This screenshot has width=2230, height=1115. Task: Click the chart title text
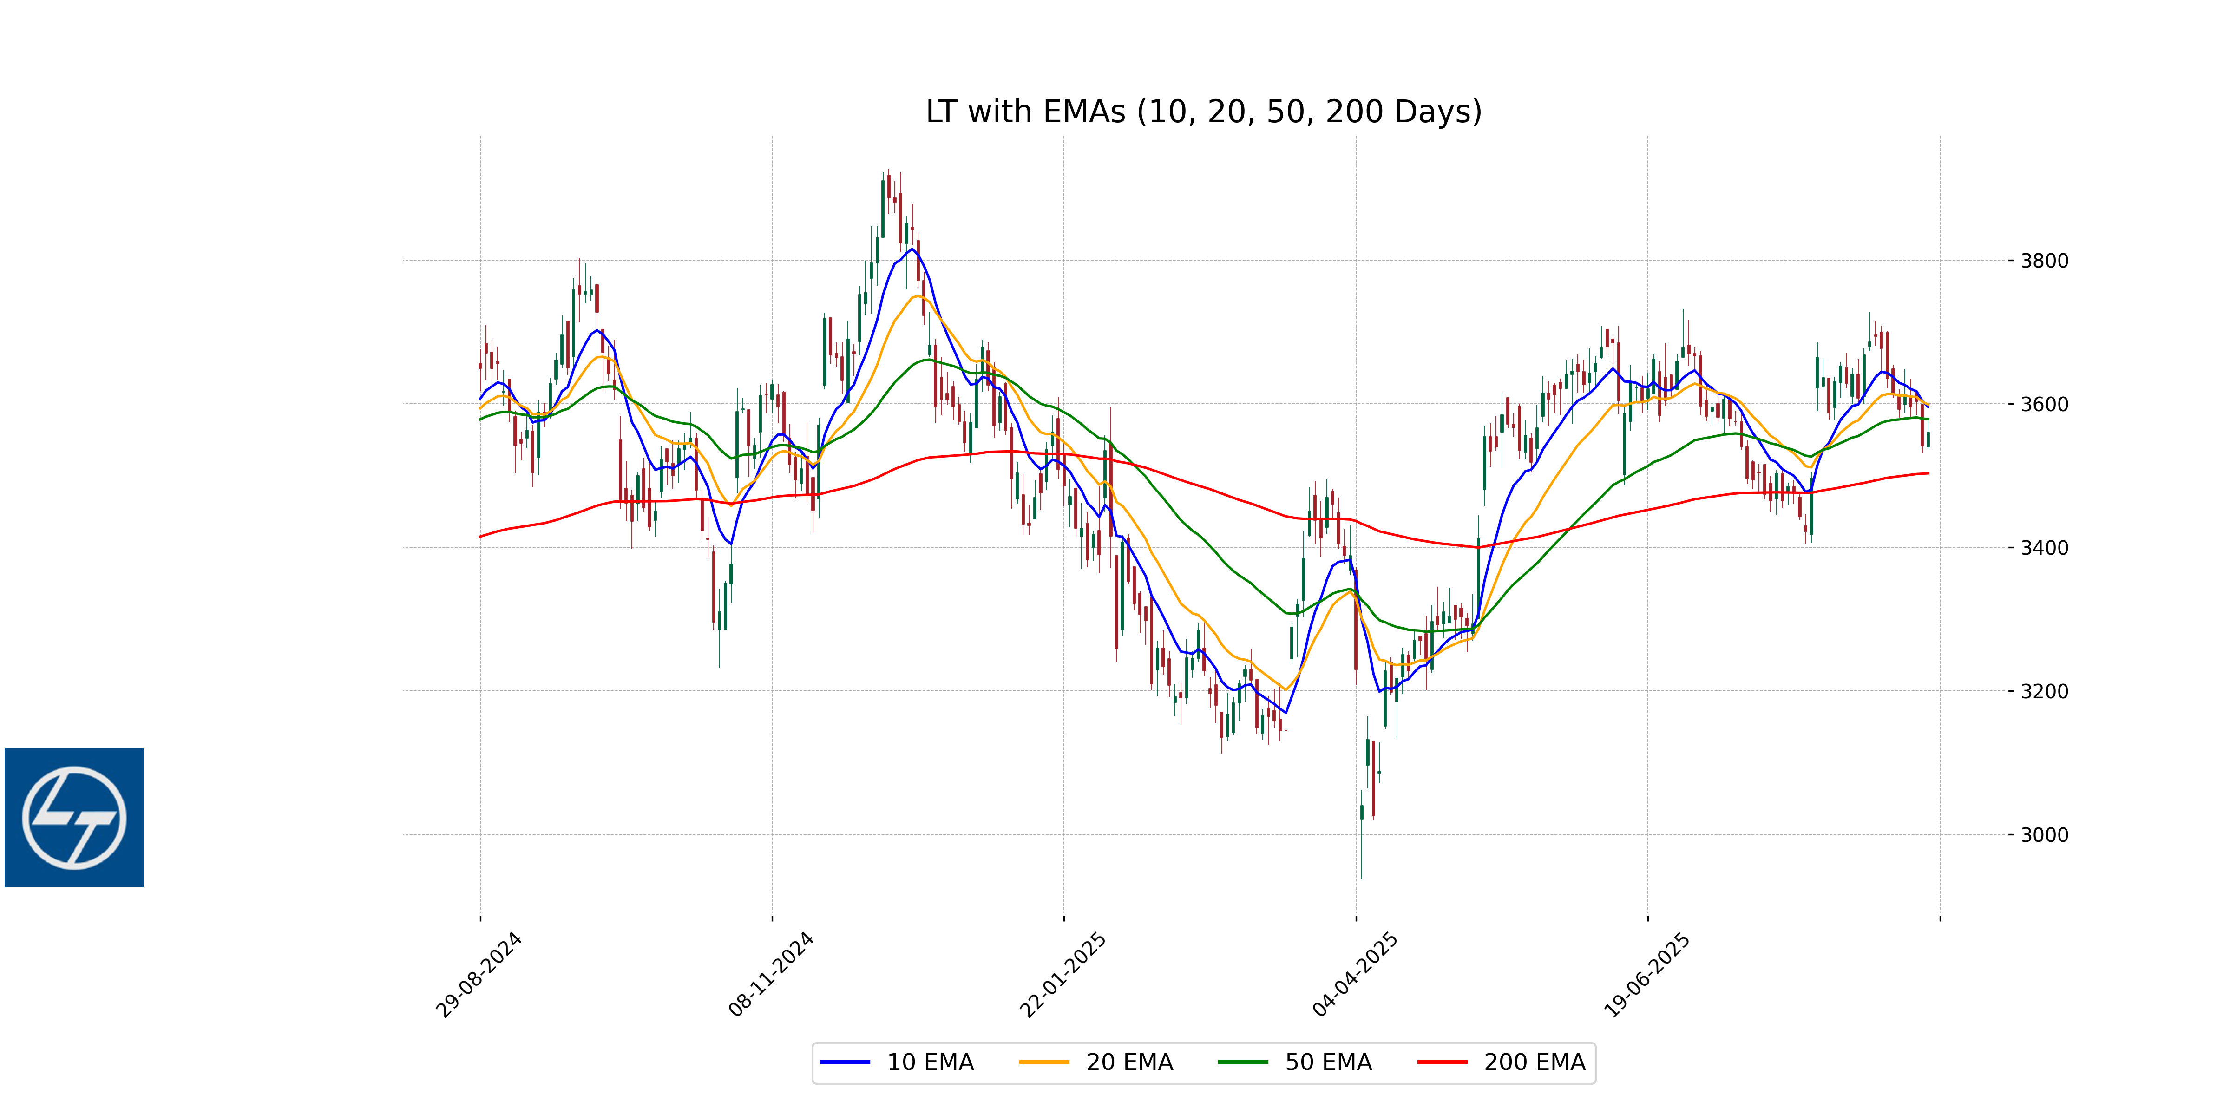pyautogui.click(x=1203, y=111)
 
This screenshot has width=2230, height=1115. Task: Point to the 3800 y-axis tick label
pyautogui.click(x=2044, y=261)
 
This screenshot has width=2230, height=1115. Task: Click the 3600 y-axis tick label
pyautogui.click(x=2044, y=404)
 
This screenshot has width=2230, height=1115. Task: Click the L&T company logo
pyautogui.click(x=74, y=817)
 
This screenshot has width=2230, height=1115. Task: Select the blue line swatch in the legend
pyautogui.click(x=845, y=1062)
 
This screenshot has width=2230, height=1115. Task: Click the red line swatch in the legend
pyautogui.click(x=1442, y=1062)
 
